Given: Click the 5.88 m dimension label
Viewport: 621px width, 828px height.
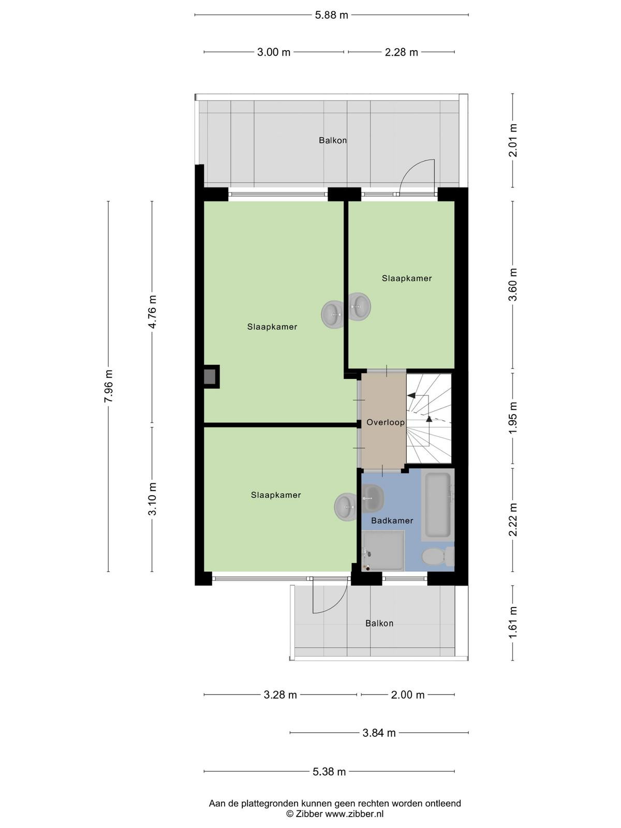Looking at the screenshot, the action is click(x=331, y=16).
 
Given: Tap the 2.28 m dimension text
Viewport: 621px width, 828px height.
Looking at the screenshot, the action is click(x=401, y=52).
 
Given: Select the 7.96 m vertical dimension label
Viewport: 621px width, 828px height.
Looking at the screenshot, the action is click(x=109, y=386).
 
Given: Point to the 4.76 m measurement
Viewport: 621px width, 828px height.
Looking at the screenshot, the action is click(x=152, y=312).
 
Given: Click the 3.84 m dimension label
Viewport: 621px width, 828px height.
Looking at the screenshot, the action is click(x=379, y=733).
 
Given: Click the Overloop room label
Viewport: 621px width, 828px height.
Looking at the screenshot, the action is click(x=386, y=422).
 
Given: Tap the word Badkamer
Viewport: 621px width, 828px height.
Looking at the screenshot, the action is click(x=392, y=521).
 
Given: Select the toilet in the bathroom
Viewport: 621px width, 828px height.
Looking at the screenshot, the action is click(x=438, y=556).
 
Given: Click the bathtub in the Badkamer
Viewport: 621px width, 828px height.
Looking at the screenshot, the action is click(x=438, y=505).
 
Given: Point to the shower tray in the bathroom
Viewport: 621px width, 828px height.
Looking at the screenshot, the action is click(x=383, y=551).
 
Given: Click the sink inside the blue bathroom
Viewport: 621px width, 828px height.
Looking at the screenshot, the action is click(x=373, y=498).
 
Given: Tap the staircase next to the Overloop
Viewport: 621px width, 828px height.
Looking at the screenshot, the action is click(x=428, y=418).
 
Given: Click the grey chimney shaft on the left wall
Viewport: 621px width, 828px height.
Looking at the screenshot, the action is click(x=210, y=376).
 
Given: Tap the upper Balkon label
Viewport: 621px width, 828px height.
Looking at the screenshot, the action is click(x=333, y=141).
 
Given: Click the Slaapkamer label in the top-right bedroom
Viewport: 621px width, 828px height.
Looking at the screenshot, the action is click(x=406, y=278).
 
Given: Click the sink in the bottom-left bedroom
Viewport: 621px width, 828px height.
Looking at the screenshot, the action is click(x=345, y=507).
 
